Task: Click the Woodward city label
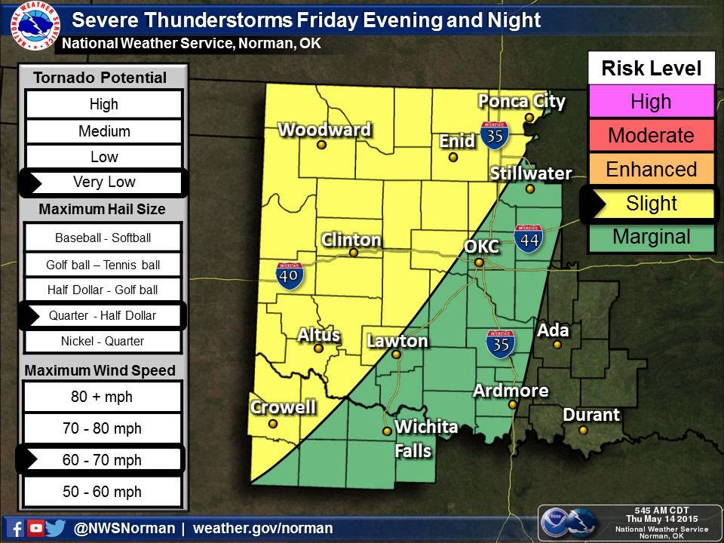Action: tap(324, 130)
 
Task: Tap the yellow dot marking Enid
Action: tap(453, 158)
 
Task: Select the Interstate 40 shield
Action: tap(290, 276)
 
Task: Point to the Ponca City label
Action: tap(522, 101)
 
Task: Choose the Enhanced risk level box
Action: tap(651, 169)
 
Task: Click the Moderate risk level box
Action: tap(651, 136)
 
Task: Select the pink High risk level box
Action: tap(651, 102)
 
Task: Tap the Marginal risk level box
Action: tap(651, 237)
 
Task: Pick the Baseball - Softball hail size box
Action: tap(103, 238)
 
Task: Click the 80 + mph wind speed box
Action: tap(103, 396)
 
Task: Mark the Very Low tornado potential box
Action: tap(103, 182)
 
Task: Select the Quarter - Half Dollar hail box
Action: tap(103, 315)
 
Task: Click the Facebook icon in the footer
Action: tap(16, 528)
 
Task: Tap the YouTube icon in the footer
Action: tap(35, 528)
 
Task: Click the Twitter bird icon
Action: tap(55, 528)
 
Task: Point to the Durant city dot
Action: tap(583, 430)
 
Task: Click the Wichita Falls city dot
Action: tap(387, 431)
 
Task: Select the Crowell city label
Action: tap(283, 407)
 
